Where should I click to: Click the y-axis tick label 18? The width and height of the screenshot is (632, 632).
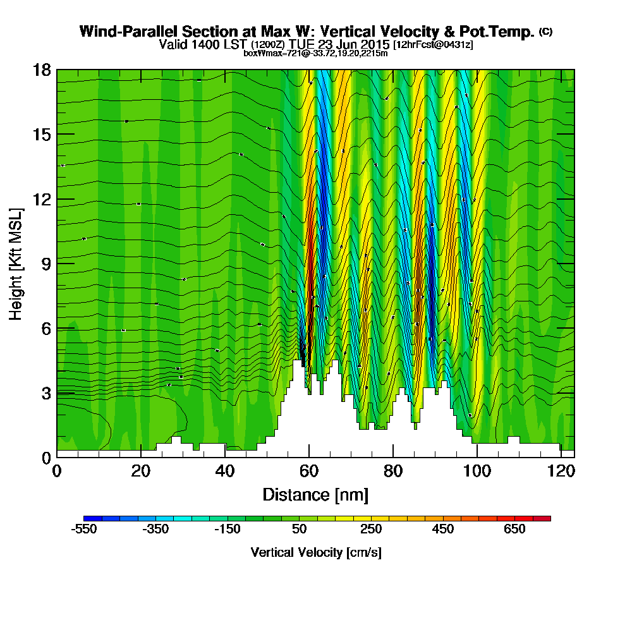41,70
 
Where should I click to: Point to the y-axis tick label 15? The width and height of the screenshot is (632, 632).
41,135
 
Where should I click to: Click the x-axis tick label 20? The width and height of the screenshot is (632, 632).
140,471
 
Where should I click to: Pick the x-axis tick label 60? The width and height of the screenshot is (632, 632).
308,471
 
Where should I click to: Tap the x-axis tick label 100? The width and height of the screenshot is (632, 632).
477,471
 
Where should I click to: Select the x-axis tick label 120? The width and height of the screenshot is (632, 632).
561,471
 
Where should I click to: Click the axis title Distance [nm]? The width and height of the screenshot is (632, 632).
315,494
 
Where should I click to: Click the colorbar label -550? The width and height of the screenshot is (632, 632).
84,530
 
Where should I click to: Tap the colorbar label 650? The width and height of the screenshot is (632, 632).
515,530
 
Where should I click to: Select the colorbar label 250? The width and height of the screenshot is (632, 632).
371,530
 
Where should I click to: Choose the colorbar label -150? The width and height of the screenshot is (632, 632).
228,530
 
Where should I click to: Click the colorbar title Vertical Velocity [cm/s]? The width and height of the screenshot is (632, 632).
315,552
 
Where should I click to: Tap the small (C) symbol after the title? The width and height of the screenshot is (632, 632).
545,32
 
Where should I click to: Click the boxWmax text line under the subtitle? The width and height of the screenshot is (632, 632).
315,53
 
